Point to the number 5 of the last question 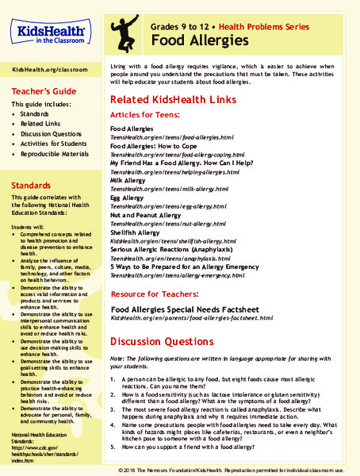pyautogui.click(x=114, y=447)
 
